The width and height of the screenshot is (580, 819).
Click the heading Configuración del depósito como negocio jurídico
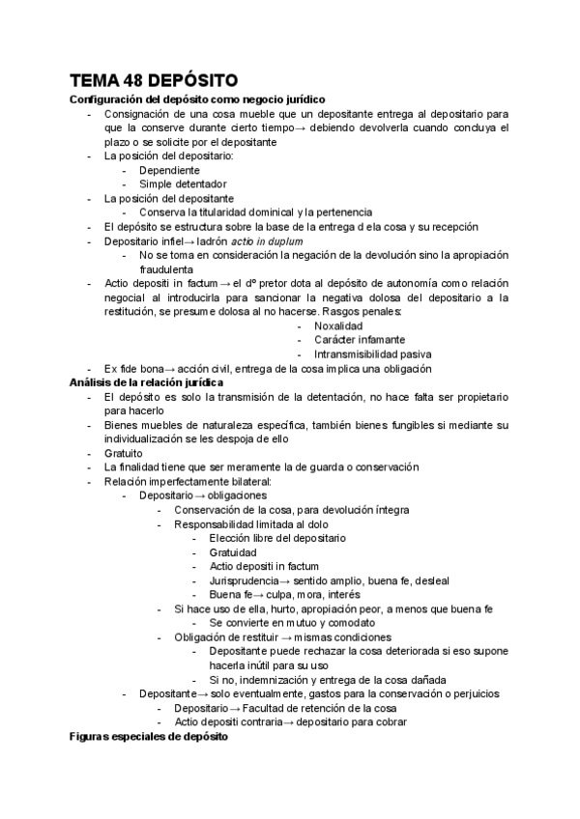tap(197, 99)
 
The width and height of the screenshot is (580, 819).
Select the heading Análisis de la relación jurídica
tap(146, 382)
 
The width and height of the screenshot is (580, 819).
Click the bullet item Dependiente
tap(169, 170)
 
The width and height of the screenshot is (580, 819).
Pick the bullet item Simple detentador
tap(183, 184)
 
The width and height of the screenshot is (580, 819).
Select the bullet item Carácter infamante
tap(360, 340)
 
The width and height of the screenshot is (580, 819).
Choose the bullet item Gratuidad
tap(233, 551)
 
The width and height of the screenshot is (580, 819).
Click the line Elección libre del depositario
tap(276, 538)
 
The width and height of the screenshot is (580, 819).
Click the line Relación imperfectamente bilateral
tap(188, 481)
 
